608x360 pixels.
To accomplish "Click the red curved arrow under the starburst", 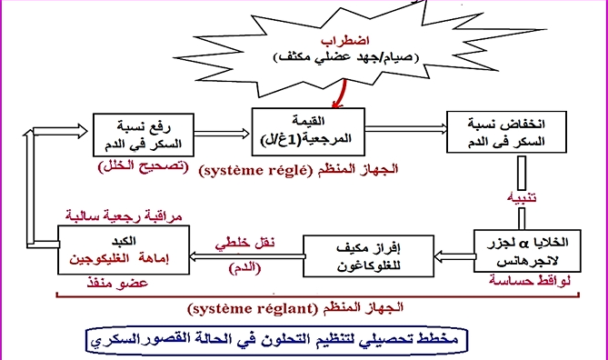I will click(x=340, y=91).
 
